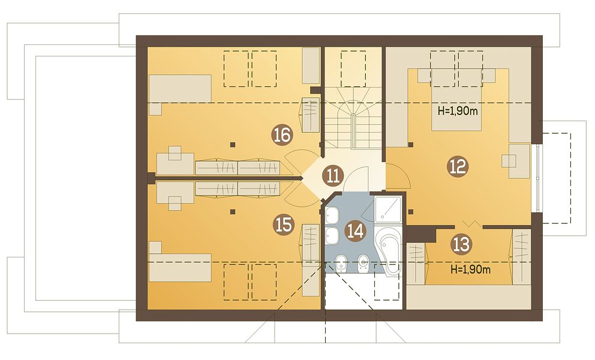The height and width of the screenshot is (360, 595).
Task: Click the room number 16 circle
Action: click(x=283, y=135)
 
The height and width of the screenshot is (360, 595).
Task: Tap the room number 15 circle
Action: click(x=284, y=224)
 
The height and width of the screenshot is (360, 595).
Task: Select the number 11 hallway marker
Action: click(x=333, y=176)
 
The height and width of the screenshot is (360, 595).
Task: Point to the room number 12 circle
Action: click(x=458, y=166)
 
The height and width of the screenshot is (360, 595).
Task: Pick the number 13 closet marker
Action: click(x=461, y=244)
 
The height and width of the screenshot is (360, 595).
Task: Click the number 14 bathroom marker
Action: click(x=356, y=231)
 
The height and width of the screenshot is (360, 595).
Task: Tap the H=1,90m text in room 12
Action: click(x=457, y=111)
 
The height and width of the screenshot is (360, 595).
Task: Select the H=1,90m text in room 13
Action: click(x=470, y=269)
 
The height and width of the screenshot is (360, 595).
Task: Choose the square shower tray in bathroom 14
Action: click(x=387, y=208)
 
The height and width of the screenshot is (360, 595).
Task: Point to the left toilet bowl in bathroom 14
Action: click(x=341, y=263)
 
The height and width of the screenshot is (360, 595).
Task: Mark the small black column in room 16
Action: click(x=232, y=145)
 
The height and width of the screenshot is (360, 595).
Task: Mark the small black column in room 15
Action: click(x=232, y=212)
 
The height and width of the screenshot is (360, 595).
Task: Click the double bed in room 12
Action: click(x=457, y=99)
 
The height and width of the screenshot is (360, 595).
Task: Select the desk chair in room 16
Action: click(x=175, y=152)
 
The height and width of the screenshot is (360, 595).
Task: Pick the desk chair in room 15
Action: click(x=175, y=203)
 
